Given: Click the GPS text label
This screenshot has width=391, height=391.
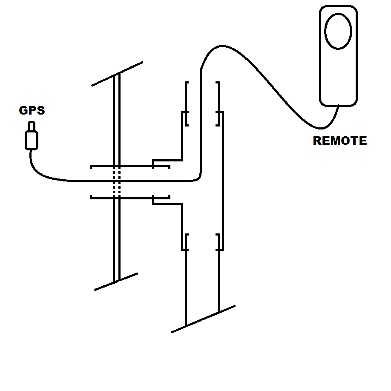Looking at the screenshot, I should pos(32,111).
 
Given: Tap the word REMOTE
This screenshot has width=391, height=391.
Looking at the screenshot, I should pos(339,141).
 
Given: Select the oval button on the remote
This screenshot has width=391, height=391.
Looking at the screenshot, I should pos(338,31).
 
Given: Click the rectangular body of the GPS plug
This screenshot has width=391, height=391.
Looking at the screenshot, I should pos(32,140).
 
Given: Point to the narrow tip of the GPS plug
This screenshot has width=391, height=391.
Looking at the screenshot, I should pos(32,126).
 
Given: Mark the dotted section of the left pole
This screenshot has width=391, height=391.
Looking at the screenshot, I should pos(116,182).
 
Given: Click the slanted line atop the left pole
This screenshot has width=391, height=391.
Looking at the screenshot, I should pos(117,74).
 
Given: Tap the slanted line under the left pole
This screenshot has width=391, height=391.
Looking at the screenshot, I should pos(116,282).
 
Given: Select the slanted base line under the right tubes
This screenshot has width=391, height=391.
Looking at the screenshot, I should pos(203,319).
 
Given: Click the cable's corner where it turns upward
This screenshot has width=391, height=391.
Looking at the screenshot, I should pos(198,178).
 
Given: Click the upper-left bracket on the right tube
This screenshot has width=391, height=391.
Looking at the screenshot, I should pos(185,118).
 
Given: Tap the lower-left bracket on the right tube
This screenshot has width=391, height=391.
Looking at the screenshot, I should pos(185,242).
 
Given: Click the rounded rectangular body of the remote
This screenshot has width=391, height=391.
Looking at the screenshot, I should pos(339,81).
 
